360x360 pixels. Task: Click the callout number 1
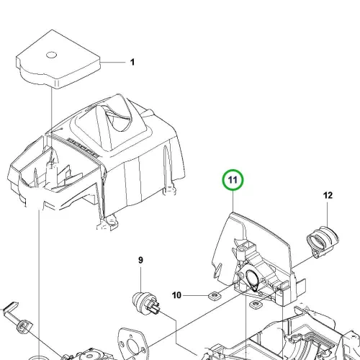point(132,62)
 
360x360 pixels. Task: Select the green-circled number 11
point(233,180)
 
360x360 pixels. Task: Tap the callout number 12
point(328,195)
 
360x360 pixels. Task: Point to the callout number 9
point(140,260)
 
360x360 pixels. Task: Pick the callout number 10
point(176,295)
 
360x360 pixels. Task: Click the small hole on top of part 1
point(51,55)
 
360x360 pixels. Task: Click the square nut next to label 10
point(214,296)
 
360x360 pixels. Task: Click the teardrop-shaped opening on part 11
point(251,280)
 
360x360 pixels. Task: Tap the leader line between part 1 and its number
point(113,63)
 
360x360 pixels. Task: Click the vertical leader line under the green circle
point(233,201)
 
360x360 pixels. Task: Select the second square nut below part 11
point(256,305)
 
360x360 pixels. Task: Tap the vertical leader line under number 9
point(140,279)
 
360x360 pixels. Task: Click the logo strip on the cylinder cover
point(83,147)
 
